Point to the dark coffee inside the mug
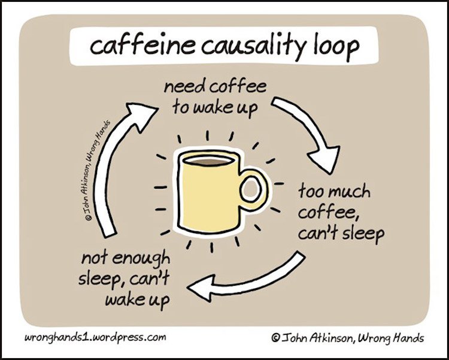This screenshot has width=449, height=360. [210, 162]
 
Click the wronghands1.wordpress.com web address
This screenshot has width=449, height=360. [95, 337]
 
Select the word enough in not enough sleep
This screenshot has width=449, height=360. [140, 259]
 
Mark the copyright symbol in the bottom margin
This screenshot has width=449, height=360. [275, 337]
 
